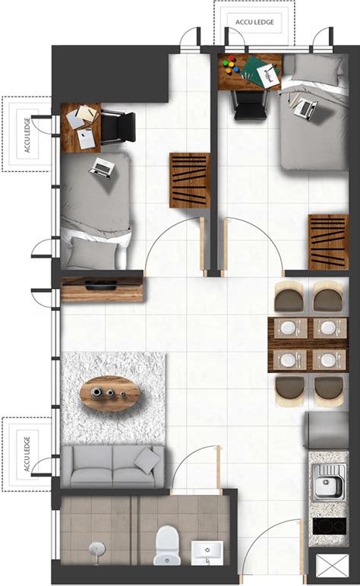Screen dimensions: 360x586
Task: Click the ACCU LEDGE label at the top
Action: point(254,22)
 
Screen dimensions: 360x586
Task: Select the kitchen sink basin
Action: point(327,485)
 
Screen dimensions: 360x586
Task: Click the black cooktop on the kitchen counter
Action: point(329,526)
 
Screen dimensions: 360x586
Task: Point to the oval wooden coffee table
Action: point(110,393)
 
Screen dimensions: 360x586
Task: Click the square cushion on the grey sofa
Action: point(148,461)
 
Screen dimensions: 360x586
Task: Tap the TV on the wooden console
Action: point(101,285)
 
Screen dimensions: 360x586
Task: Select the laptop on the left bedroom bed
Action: point(102,168)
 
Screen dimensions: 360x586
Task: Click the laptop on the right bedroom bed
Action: point(305,109)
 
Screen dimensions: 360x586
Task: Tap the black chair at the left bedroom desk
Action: point(118,127)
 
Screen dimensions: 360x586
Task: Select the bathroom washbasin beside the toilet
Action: point(207,553)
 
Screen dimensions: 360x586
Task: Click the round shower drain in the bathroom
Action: point(96,549)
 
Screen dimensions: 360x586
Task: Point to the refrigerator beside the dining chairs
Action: point(327,430)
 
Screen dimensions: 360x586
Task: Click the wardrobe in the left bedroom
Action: point(190,180)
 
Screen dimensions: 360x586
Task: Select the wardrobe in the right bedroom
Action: point(329,242)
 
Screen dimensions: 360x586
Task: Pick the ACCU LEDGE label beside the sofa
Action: point(27,453)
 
